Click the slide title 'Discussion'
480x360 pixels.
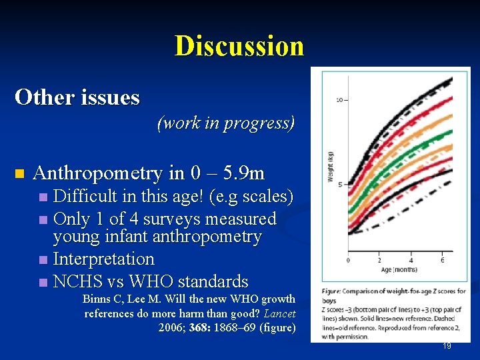239,46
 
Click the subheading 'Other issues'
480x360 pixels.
77,97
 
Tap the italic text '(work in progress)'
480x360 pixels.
226,123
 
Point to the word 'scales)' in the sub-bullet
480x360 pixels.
267,198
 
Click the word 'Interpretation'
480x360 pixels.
103,259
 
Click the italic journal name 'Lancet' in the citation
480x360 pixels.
280,313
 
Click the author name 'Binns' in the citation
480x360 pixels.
97,299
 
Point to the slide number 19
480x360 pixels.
447,346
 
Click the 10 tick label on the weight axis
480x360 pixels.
339,100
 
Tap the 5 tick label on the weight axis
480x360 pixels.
341,185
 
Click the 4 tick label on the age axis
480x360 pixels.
411,260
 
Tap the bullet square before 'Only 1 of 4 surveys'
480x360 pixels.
43,219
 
